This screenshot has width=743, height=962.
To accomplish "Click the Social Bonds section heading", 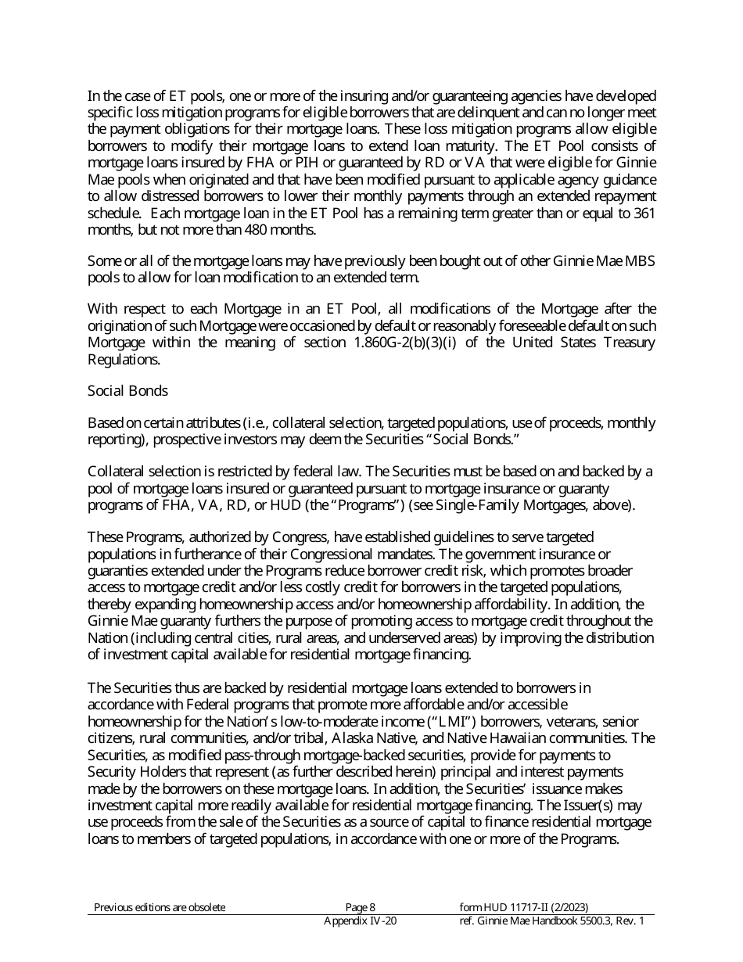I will [x=127, y=390].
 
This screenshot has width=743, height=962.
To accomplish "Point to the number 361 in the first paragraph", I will [x=643, y=214].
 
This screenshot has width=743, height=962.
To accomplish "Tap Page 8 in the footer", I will [x=360, y=907].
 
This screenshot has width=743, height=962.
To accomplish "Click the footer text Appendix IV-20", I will [x=360, y=921].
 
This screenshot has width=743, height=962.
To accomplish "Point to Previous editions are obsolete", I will [x=160, y=907].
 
